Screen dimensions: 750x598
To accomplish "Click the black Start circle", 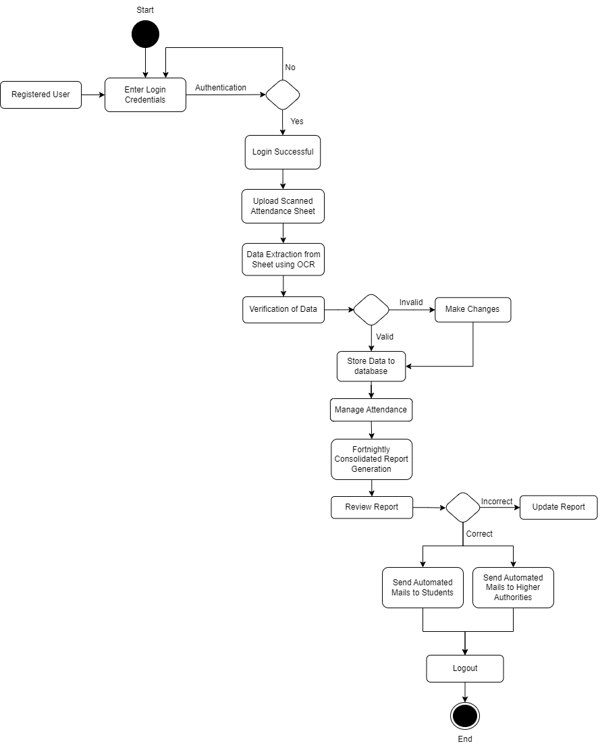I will (145, 34).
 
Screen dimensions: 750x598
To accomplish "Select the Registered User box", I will (40, 95).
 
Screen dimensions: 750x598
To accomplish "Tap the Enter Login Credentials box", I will (145, 95).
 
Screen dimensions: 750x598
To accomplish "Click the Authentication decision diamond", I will (283, 95).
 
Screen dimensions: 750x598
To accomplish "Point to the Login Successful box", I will (283, 152).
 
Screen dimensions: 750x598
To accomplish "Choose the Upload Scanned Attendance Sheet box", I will (283, 206).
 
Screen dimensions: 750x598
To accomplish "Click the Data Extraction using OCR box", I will (283, 259).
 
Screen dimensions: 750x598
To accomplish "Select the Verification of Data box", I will (283, 310).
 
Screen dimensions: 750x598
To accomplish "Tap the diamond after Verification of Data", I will (371, 310).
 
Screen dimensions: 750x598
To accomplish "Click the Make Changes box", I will (472, 309).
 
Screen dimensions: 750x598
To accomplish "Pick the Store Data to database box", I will (371, 366).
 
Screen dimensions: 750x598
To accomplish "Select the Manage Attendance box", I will (371, 410).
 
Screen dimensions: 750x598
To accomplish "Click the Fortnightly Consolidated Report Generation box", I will (371, 459).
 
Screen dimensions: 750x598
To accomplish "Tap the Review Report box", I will (371, 507).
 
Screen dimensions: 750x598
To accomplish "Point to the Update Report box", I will (558, 507).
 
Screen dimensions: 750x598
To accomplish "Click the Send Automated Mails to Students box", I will (423, 587).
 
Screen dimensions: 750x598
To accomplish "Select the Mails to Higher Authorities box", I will (513, 587).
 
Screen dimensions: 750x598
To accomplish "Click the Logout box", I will (465, 668).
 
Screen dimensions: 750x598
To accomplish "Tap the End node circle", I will (465, 716).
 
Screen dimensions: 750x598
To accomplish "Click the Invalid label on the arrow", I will (411, 302).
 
